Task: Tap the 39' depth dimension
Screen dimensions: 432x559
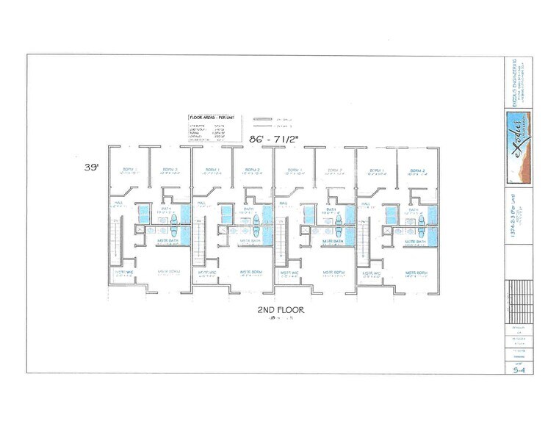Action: (90, 168)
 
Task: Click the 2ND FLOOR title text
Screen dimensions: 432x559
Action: (281, 311)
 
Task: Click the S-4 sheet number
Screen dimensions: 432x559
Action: (519, 371)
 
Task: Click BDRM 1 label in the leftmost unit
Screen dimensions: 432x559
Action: (129, 169)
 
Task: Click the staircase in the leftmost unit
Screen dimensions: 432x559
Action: (115, 242)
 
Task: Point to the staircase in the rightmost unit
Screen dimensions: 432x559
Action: (363, 242)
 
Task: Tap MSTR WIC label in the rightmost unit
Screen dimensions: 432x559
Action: (370, 272)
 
